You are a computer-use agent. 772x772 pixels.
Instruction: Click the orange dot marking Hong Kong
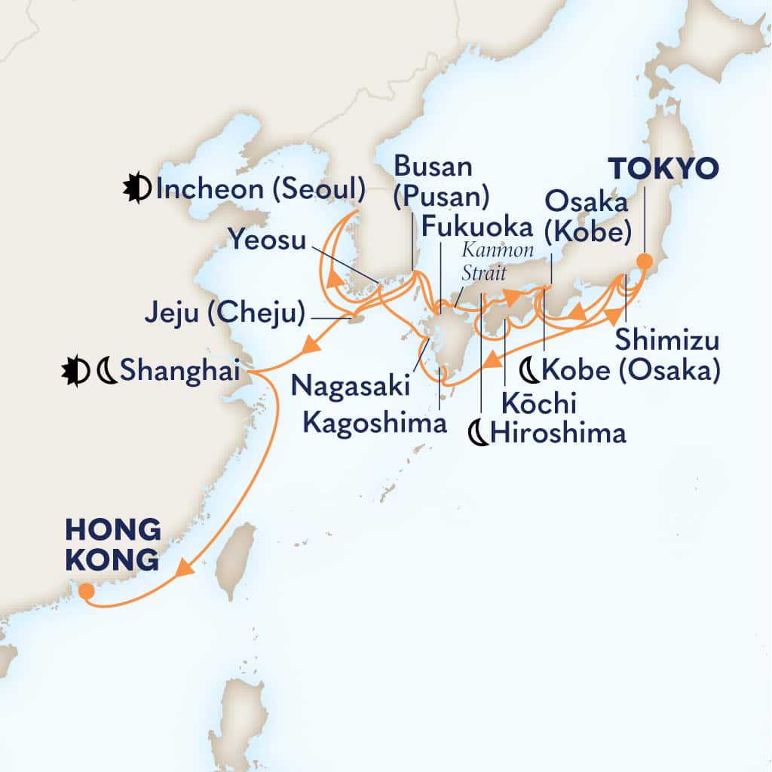[87, 592]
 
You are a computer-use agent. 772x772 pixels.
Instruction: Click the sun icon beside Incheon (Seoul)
[137, 189]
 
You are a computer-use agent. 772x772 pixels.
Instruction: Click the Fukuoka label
[477, 225]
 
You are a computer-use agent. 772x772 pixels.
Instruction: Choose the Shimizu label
[666, 341]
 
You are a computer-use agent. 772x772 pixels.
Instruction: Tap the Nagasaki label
[351, 386]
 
